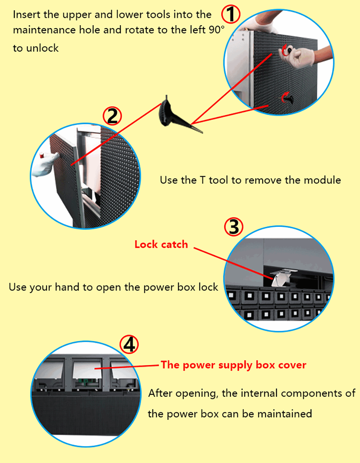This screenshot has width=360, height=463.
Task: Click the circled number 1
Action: (231, 14)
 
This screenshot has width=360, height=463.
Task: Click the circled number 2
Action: (112, 116)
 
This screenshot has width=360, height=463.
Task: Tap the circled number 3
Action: (234, 227)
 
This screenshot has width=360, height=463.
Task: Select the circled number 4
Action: (129, 344)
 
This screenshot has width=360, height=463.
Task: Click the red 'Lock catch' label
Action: (161, 244)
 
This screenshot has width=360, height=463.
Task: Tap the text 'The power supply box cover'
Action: (234, 365)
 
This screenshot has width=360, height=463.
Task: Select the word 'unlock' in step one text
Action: (42, 48)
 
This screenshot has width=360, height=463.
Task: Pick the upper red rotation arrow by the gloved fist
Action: (285, 50)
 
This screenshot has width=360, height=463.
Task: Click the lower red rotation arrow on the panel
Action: (285, 97)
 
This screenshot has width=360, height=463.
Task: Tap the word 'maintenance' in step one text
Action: (44, 30)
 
